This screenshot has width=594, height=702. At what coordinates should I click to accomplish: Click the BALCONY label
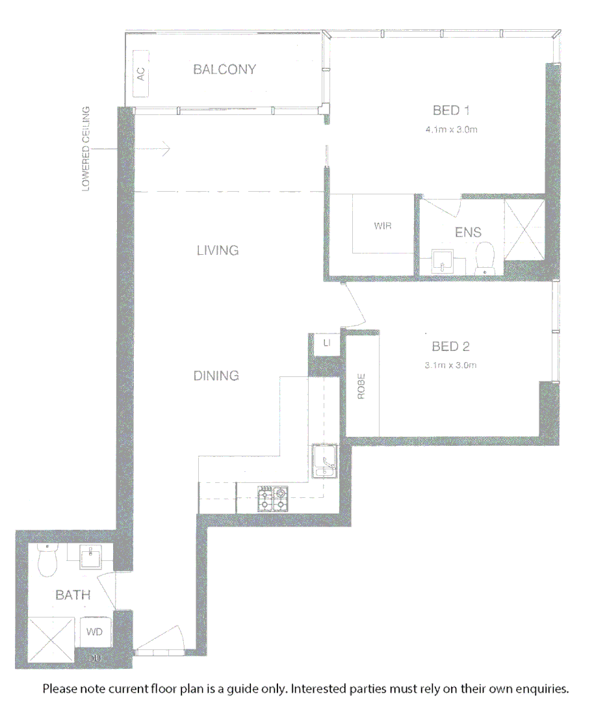[225, 70]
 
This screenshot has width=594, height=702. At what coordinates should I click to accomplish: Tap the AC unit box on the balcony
[141, 73]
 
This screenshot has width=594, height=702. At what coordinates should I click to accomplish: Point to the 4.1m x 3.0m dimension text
[452, 129]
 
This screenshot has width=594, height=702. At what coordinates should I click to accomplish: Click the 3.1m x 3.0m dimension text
[450, 365]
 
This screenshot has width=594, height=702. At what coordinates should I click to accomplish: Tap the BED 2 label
[450, 346]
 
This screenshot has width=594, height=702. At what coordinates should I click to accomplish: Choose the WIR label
[383, 226]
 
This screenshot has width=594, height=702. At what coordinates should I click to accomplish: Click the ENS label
[468, 232]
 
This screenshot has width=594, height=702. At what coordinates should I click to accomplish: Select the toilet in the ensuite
[485, 259]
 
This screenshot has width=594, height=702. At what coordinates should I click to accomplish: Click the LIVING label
[218, 250]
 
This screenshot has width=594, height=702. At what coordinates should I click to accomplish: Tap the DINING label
[216, 375]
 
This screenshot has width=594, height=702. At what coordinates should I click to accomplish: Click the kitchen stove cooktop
[273, 498]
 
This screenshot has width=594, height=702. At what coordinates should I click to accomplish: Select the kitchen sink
[324, 461]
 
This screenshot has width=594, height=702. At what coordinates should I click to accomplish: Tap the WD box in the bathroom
[95, 631]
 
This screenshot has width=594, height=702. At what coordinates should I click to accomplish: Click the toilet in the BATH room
[47, 560]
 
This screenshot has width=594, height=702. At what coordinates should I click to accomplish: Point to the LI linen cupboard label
[326, 343]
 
